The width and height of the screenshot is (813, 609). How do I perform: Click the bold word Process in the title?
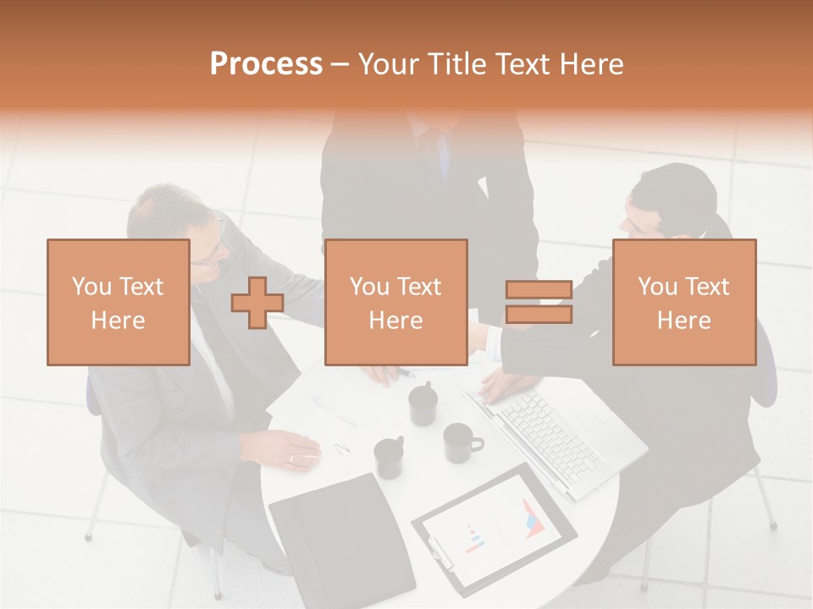266,64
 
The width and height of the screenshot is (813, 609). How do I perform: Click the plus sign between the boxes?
257,303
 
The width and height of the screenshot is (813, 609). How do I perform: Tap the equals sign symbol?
539,303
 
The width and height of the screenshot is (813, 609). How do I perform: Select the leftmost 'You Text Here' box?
119,303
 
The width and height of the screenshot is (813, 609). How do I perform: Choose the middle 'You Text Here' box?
396,303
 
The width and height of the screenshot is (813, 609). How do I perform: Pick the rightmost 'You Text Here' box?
684,303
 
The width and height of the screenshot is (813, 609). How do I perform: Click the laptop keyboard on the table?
550,431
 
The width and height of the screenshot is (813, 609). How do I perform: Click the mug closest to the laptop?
460,442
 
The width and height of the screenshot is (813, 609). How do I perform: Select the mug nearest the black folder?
390,458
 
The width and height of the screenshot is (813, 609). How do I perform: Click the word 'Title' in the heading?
459,64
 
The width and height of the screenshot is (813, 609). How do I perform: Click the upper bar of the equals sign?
539,290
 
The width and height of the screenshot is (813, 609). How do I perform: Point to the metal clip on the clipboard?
440,554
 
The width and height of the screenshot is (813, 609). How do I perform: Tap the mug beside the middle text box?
423,404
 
